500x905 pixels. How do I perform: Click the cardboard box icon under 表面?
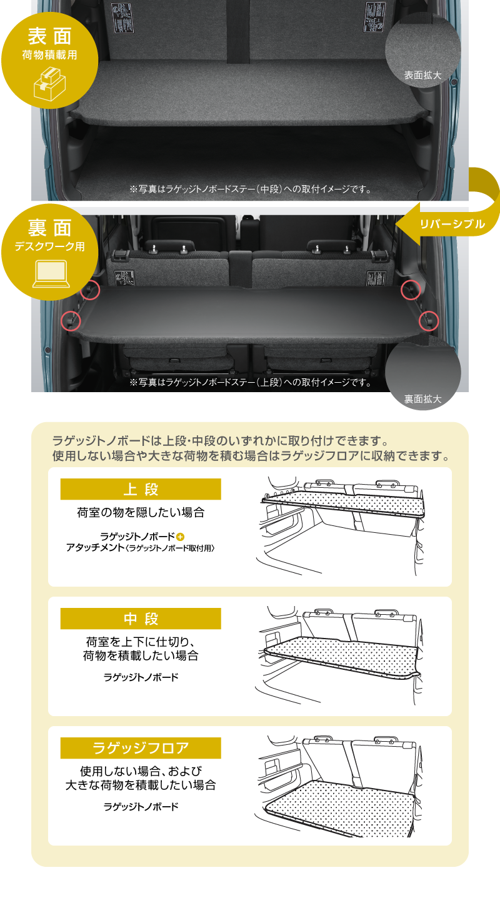coord(49,84)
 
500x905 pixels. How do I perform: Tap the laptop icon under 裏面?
coord(51,274)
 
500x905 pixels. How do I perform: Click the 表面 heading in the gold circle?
coord(49,36)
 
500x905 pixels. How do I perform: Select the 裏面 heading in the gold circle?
coord(49,228)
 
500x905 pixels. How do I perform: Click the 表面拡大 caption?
coord(423,75)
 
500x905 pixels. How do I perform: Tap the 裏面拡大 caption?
coord(423,399)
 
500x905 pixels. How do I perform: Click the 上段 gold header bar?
coord(141,489)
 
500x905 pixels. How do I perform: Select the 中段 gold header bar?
coord(141,619)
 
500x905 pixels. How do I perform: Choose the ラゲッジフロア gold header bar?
coord(141,748)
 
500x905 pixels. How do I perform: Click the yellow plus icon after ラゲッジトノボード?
coord(181,537)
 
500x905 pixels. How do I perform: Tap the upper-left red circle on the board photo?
coord(90,290)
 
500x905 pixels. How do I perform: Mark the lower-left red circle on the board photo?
coord(71,321)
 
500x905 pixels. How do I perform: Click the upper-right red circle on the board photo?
coord(411,290)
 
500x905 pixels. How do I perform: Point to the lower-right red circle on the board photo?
coord(429,321)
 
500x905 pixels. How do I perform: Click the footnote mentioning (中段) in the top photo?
coord(251,189)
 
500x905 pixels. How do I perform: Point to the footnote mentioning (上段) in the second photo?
coord(251,382)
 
